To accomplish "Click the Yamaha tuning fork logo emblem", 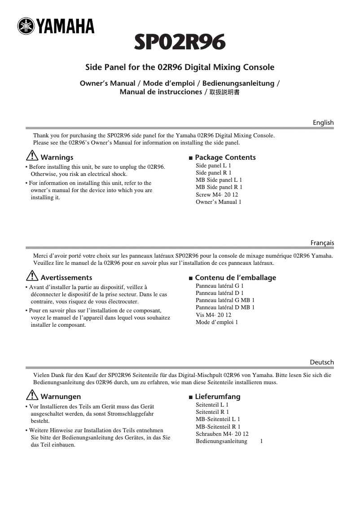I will (x=26, y=27).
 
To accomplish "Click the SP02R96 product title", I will (x=180, y=44).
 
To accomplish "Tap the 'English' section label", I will (x=323, y=123).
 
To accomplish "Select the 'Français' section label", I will (x=322, y=243).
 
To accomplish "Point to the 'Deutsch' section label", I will (x=322, y=362).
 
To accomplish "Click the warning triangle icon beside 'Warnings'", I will (x=32, y=157).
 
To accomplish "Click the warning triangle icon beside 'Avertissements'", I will (x=32, y=277).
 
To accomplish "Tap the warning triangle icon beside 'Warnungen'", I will (x=32, y=396).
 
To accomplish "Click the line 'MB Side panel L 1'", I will (x=219, y=180).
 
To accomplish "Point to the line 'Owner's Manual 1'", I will (x=218, y=202).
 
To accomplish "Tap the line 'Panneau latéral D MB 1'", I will (x=225, y=307).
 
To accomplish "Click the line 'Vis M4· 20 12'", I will (x=213, y=315).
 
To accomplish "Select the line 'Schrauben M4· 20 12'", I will (x=222, y=434).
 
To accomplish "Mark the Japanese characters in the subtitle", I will (x=225, y=92).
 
